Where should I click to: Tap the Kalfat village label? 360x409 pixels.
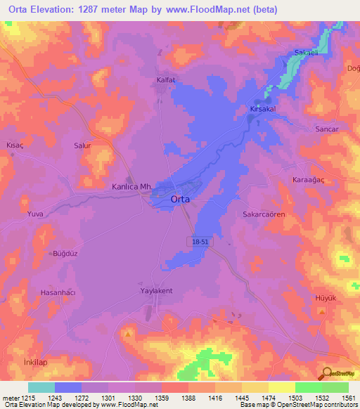click(x=165, y=80)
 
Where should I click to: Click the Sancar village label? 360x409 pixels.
click(x=326, y=130)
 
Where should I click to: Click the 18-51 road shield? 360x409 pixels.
click(x=201, y=240)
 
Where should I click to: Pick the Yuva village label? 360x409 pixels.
click(x=35, y=212)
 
